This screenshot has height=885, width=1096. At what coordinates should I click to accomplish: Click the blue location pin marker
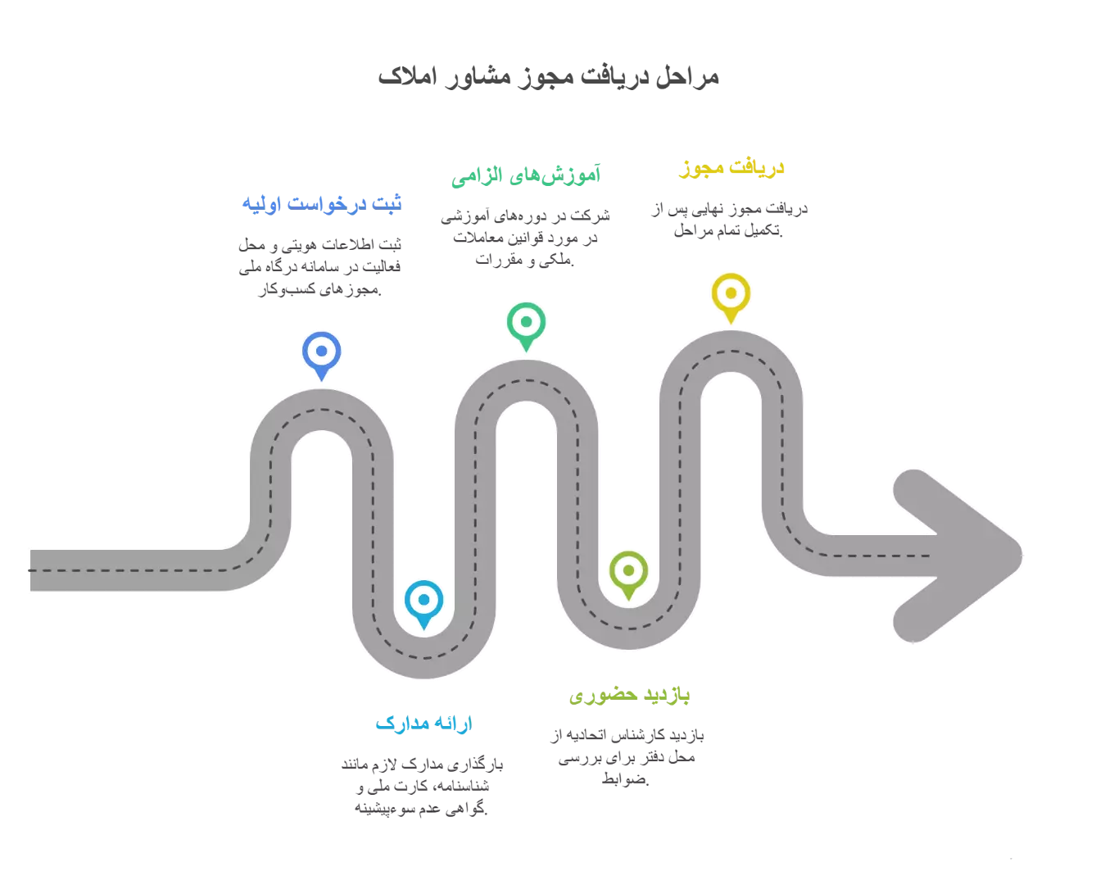pyautogui.click(x=321, y=355)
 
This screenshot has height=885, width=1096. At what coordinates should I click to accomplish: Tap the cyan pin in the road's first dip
pyautogui.click(x=423, y=603)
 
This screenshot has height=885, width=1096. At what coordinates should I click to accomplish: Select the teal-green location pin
pyautogui.click(x=525, y=325)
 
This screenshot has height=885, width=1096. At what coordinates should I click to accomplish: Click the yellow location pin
pyautogui.click(x=730, y=297)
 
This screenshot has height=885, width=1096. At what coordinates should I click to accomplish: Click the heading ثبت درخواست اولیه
pyautogui.click(x=321, y=203)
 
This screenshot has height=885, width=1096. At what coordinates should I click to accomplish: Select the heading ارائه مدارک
pyautogui.click(x=423, y=723)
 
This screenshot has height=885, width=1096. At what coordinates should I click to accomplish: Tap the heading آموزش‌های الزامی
pyautogui.click(x=525, y=175)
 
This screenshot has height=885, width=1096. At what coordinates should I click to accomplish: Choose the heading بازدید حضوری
pyautogui.click(x=628, y=695)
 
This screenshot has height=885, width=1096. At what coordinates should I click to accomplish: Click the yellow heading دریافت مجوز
pyautogui.click(x=731, y=168)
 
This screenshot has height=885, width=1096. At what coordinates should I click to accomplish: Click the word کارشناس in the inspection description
pyautogui.click(x=636, y=735)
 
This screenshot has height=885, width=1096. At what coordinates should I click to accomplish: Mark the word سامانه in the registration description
pyautogui.click(x=319, y=267)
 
